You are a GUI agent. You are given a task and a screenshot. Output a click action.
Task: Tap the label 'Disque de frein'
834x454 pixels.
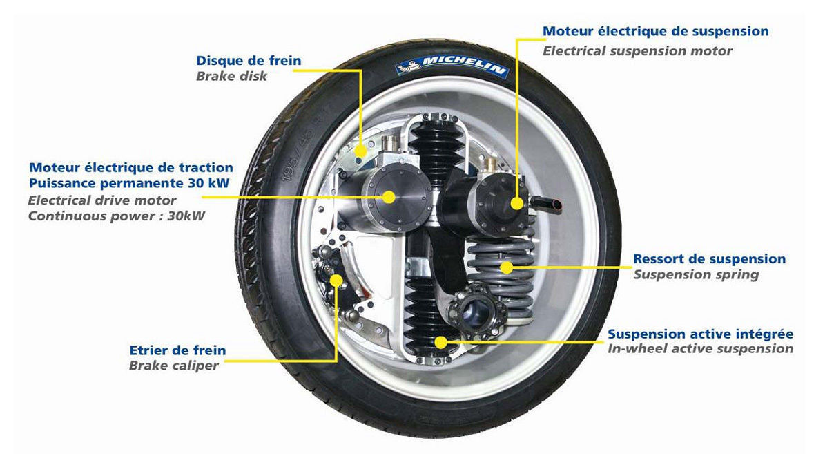(x=249, y=61)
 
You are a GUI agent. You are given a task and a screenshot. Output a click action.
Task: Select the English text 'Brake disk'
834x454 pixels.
(x=231, y=77)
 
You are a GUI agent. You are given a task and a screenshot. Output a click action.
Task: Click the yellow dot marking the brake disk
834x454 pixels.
(x=360, y=151)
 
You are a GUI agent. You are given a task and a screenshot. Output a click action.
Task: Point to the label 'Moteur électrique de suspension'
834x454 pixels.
(x=655, y=31)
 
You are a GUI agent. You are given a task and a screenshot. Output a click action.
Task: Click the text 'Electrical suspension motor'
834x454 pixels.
(x=637, y=51)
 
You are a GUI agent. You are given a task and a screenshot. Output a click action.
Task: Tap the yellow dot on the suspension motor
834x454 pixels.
(x=517, y=204)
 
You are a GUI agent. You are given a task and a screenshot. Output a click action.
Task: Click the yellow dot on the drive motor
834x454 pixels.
(x=388, y=197)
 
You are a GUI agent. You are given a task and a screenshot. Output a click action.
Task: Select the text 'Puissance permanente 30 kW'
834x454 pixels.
(x=129, y=183)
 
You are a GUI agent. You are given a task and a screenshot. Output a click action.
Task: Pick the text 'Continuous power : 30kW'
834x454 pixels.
(x=116, y=216)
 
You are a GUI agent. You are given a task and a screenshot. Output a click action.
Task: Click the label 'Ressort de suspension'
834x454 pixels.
(x=709, y=258)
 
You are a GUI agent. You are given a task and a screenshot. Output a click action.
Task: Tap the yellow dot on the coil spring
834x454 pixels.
(x=506, y=267)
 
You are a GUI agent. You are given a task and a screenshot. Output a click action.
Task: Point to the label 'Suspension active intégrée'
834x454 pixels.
(x=700, y=334)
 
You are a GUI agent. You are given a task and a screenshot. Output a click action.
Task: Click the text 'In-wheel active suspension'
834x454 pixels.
(x=700, y=349)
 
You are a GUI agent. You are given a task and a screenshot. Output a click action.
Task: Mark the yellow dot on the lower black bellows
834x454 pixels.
(x=440, y=342)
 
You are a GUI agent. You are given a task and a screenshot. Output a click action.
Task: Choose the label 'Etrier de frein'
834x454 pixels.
(x=177, y=350)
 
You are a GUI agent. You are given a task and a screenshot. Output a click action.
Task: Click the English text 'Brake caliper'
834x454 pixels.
(x=173, y=366)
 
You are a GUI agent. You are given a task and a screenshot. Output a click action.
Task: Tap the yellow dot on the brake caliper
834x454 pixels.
(x=336, y=281)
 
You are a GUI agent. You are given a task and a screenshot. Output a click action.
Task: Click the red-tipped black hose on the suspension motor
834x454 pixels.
(x=546, y=204)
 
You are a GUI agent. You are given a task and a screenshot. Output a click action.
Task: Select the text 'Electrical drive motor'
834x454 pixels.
(x=102, y=200)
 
